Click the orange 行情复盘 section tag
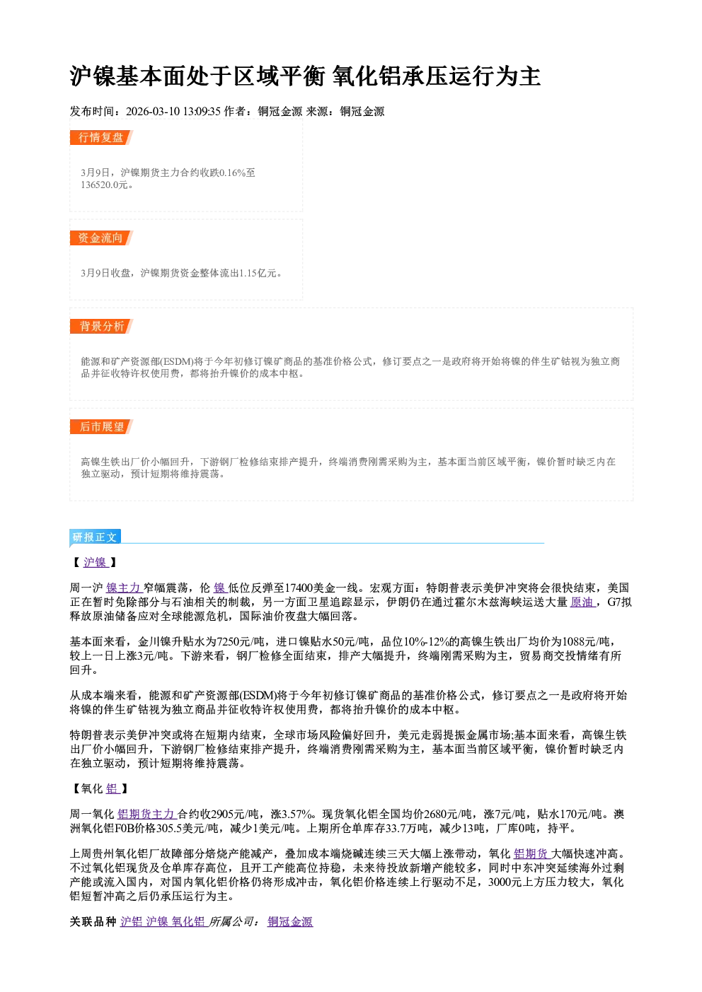click(x=101, y=137)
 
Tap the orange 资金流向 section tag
click(x=101, y=238)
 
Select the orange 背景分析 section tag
click(x=101, y=327)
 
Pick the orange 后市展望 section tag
click(x=101, y=427)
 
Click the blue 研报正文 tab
click(x=95, y=537)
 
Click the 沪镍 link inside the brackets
click(x=96, y=562)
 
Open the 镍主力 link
click(x=124, y=588)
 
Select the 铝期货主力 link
click(x=146, y=814)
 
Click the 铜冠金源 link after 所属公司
click(x=290, y=921)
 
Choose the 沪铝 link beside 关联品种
click(x=131, y=921)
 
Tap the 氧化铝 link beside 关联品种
click(x=188, y=921)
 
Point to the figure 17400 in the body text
click(x=299, y=588)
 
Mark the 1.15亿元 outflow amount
click(x=258, y=273)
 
